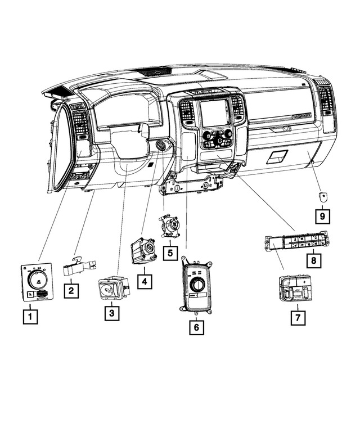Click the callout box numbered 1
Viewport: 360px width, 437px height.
click(x=30, y=317)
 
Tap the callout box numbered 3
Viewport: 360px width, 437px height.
click(x=112, y=313)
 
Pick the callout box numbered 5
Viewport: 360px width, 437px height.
click(x=169, y=253)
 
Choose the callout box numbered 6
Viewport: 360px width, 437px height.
click(x=196, y=327)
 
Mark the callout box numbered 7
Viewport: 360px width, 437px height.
click(x=298, y=317)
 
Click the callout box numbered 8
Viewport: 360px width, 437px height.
click(x=313, y=260)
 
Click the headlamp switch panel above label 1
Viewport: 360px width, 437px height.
click(x=37, y=282)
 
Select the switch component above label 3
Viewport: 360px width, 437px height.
click(x=112, y=289)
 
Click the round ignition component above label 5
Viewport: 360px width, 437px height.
click(x=169, y=226)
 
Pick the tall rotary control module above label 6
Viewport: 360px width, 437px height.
click(x=195, y=286)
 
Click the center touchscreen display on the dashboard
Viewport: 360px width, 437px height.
click(x=215, y=113)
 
